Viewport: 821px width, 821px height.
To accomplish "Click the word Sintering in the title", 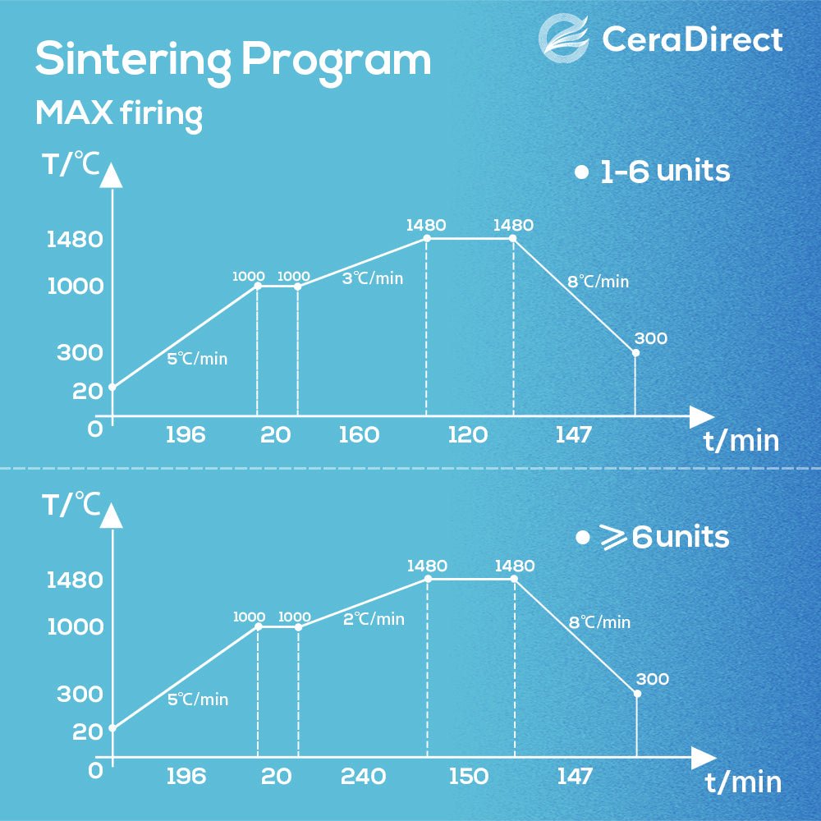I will [x=131, y=60].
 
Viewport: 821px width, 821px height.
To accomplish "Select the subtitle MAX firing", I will [x=119, y=113].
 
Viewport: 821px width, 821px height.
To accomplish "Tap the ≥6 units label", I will [x=653, y=537].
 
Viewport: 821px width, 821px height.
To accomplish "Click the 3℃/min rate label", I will [x=373, y=278].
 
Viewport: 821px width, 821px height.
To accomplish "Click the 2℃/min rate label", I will [x=374, y=619].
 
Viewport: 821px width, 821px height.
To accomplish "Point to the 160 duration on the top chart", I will [x=359, y=435].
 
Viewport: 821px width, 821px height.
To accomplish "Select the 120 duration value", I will [x=468, y=435].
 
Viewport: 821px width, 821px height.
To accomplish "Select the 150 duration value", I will [x=469, y=776].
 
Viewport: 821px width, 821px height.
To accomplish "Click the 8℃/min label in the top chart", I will [x=599, y=282].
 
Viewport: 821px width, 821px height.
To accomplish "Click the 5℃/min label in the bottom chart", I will [x=198, y=699].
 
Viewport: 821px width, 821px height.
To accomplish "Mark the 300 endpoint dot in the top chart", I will [x=635, y=352].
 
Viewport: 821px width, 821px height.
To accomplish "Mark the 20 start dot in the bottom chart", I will [x=112, y=727].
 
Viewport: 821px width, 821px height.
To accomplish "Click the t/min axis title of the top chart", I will [x=741, y=441].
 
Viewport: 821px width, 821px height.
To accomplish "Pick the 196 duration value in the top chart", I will [x=186, y=435].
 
